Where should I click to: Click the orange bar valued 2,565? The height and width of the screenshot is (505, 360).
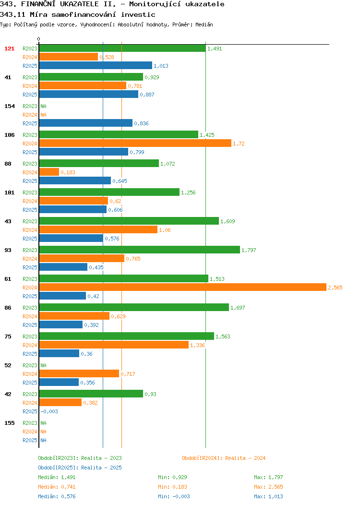click(183, 287)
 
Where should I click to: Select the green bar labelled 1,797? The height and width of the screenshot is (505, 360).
click(140, 250)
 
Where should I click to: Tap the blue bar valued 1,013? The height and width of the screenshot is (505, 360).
click(96, 66)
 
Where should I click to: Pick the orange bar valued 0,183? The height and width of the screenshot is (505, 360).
click(49, 172)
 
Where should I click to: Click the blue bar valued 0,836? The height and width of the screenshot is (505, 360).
click(86, 123)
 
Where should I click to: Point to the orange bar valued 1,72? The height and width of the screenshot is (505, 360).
click(135, 144)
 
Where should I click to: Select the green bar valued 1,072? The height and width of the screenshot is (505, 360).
click(99, 164)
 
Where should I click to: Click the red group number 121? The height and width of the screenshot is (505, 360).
click(9, 48)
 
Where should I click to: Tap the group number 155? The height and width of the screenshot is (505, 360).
click(9, 423)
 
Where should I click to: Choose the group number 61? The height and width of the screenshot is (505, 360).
click(8, 279)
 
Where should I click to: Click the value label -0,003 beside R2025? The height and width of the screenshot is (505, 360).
click(49, 411)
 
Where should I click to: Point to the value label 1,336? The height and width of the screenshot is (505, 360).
click(197, 345)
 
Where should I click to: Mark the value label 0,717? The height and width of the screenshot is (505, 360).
click(128, 374)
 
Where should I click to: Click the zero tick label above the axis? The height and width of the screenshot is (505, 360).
click(39, 39)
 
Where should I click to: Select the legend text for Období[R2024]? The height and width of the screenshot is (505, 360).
click(224, 458)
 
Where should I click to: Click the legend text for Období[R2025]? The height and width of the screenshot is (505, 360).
click(80, 468)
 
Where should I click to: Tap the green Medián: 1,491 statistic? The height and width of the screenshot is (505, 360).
click(57, 477)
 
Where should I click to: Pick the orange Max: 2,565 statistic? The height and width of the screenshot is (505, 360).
click(268, 487)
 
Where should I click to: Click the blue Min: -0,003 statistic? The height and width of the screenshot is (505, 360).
click(174, 497)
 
